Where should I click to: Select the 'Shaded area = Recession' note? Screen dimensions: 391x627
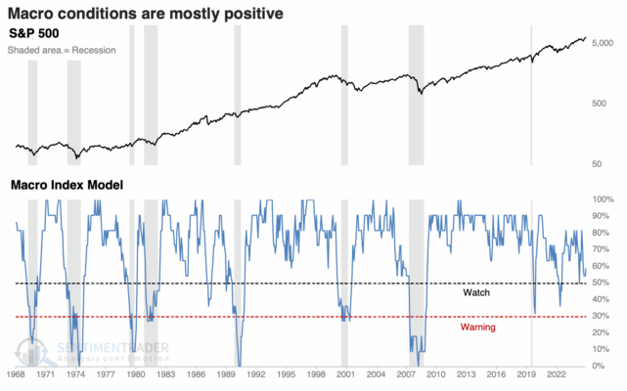pos(63,51)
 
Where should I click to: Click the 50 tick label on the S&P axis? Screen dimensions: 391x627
pos(600,162)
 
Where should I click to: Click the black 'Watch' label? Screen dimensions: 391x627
pos(475,292)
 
